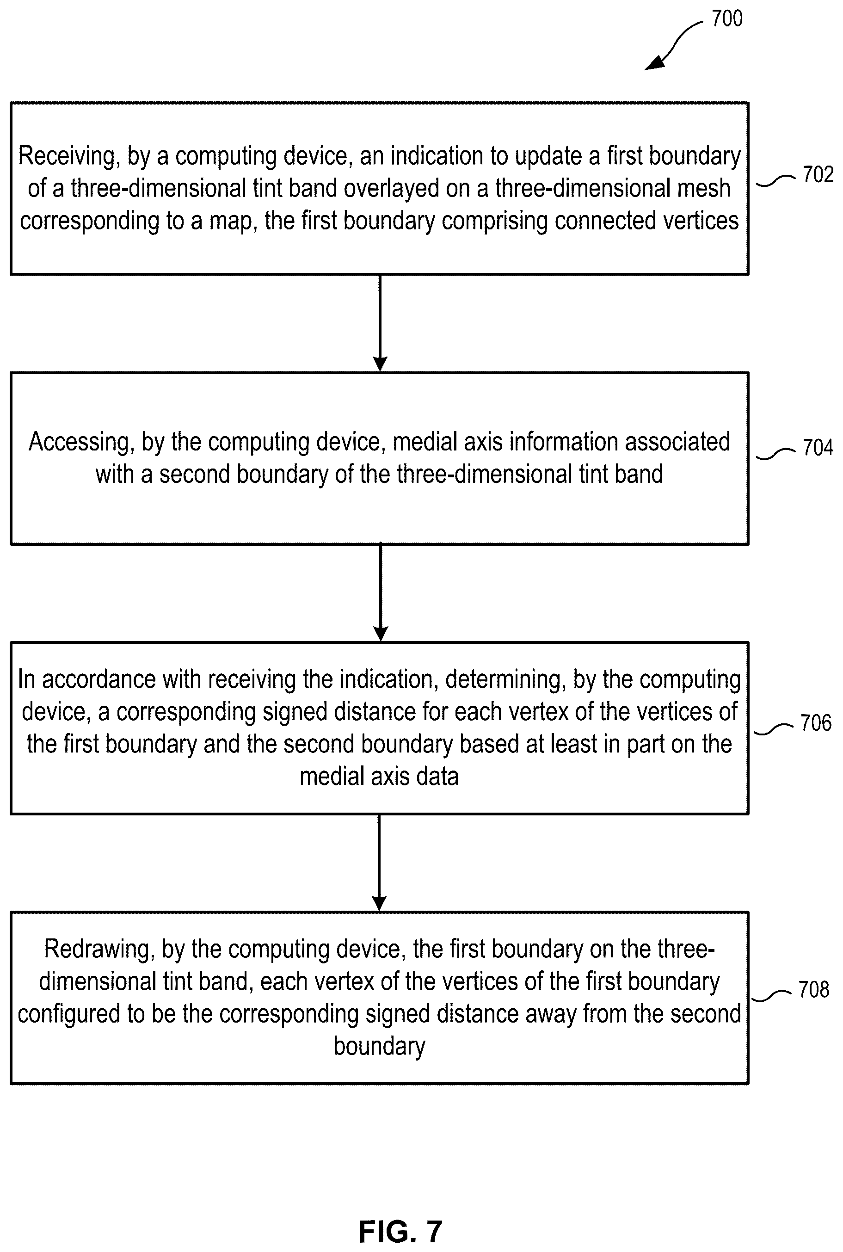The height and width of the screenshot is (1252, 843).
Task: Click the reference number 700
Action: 727,19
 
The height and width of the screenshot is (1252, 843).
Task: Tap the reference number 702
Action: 818,175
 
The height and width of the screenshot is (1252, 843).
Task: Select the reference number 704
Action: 818,447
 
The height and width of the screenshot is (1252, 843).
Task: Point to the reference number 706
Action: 816,722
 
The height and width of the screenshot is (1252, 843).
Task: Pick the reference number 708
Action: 814,990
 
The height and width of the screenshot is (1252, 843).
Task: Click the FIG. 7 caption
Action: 400,1232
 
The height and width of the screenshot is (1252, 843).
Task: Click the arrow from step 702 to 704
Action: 380,323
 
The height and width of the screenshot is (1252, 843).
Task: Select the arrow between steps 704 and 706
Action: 380,592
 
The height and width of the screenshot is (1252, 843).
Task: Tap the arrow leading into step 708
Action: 380,863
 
